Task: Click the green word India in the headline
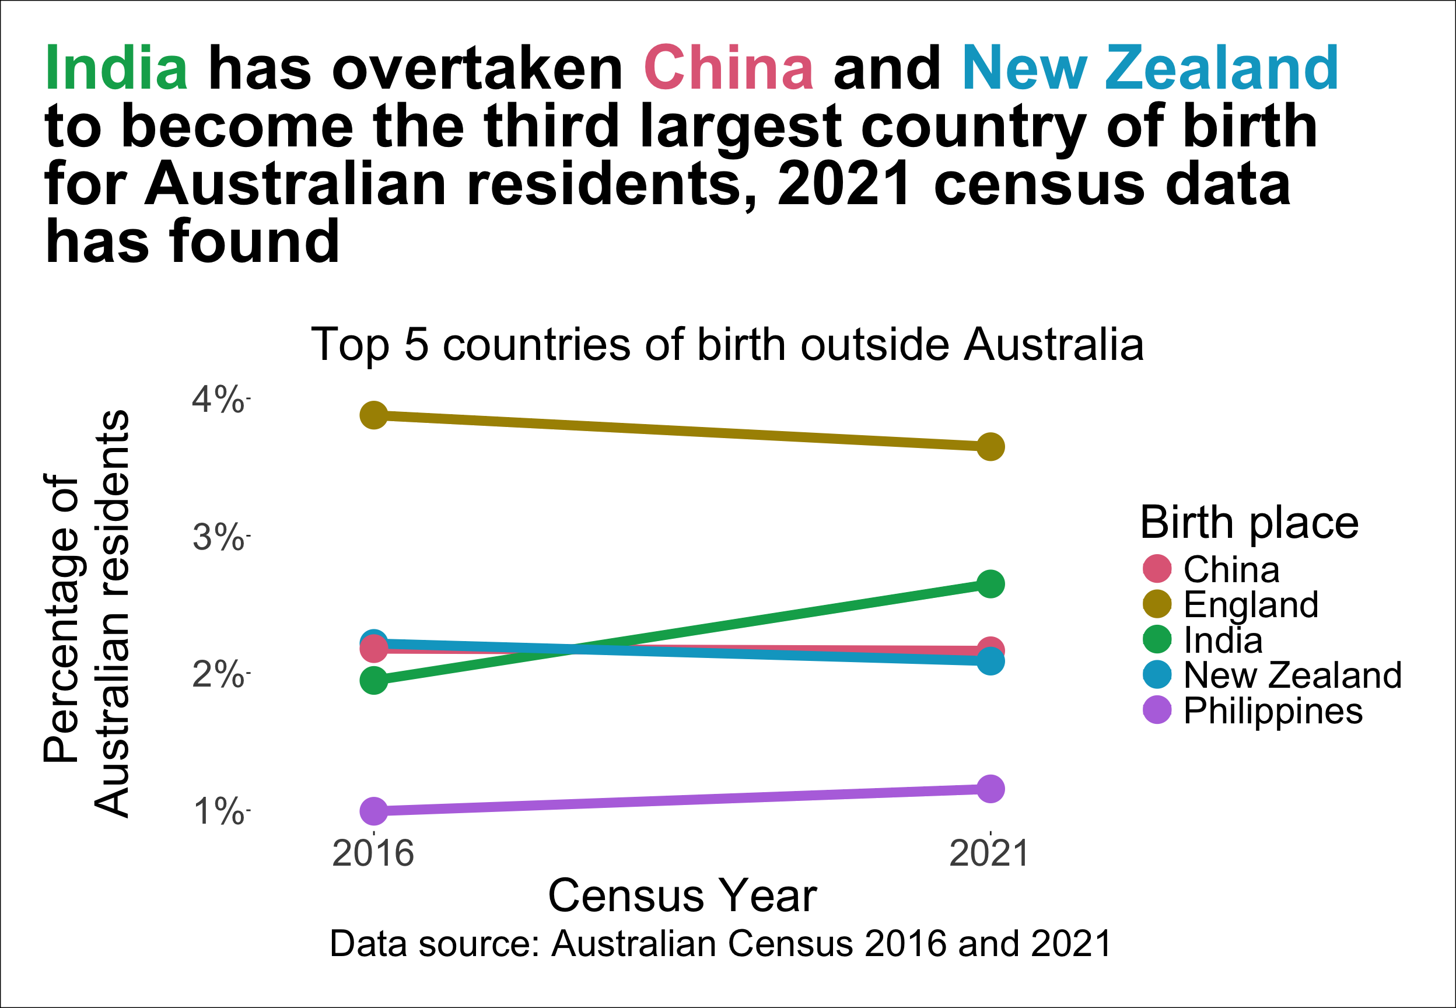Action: tap(116, 68)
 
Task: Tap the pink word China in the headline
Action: tap(728, 68)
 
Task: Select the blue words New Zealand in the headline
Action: tap(1150, 68)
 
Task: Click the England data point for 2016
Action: tap(374, 415)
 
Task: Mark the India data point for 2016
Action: tap(374, 681)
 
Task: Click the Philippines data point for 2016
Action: tap(374, 811)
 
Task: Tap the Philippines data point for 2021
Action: tap(991, 789)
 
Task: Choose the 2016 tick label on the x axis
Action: tap(373, 854)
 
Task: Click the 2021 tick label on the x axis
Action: tap(989, 854)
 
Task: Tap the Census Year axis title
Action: tap(682, 895)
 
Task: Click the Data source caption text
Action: tap(720, 944)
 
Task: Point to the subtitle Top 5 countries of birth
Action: tap(727, 345)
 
